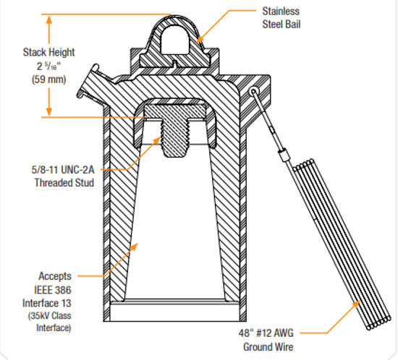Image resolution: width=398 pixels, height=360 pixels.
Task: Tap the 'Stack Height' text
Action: [48, 52]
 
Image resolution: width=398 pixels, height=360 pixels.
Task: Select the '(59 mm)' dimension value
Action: [49, 80]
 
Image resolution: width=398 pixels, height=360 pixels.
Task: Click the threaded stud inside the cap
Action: [177, 134]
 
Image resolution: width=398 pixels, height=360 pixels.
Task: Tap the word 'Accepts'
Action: [56, 276]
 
